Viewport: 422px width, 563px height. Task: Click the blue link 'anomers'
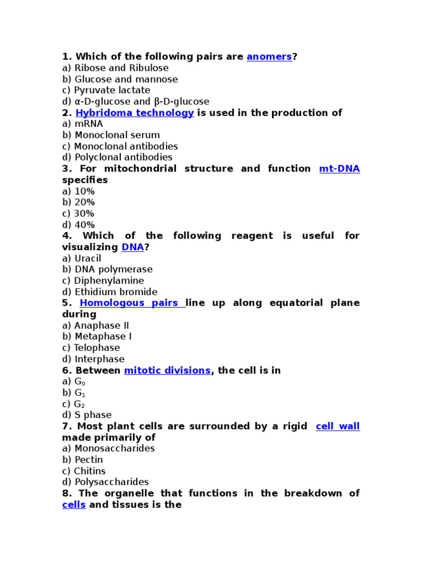[x=269, y=57]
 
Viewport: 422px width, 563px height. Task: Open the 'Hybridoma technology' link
[x=134, y=113]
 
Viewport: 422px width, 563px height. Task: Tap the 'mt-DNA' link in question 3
[x=339, y=169]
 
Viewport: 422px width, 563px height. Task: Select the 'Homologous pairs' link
[x=132, y=303]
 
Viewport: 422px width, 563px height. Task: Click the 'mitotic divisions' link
[x=167, y=371]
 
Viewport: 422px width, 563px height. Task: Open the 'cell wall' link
[x=337, y=427]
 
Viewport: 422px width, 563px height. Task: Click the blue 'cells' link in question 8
[x=74, y=505]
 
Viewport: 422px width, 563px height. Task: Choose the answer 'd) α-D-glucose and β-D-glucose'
[x=135, y=102]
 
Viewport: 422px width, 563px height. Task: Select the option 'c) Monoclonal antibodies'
[x=120, y=146]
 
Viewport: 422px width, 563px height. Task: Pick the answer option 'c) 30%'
[x=78, y=213]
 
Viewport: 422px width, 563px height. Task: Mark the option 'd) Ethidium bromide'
[x=109, y=292]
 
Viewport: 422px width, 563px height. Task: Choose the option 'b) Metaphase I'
[x=97, y=336]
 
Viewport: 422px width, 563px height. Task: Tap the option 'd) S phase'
[x=86, y=415]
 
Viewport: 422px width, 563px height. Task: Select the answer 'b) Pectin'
[x=82, y=460]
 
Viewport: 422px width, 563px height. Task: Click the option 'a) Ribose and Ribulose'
[x=115, y=68]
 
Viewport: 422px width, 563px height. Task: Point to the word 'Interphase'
[x=99, y=359]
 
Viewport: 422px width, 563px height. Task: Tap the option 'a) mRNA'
[x=82, y=124]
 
